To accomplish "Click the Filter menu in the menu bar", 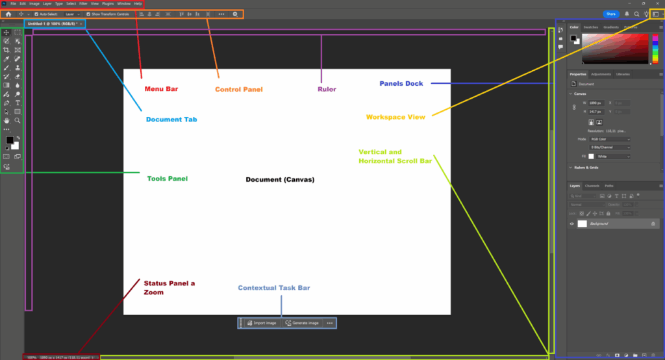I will (83, 4).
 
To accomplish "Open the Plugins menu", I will (108, 4).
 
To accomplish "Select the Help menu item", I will (138, 4).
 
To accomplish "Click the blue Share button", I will (611, 14).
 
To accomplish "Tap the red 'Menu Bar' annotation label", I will (161, 89).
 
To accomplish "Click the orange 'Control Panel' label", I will (239, 89).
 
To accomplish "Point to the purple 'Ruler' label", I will (327, 89).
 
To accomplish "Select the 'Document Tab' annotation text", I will (171, 120).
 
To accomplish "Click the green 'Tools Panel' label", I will (167, 178).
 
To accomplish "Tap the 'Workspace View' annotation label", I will (395, 117).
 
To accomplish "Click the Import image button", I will (262, 323).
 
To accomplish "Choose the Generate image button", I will (303, 323).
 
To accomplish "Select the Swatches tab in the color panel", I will (590, 27).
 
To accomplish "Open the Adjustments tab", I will (601, 75).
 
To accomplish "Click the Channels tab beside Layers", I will (592, 186).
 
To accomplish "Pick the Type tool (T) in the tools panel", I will (18, 103).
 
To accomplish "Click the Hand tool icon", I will (6, 120).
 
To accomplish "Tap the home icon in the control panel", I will (8, 14).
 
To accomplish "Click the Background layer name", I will (599, 224).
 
